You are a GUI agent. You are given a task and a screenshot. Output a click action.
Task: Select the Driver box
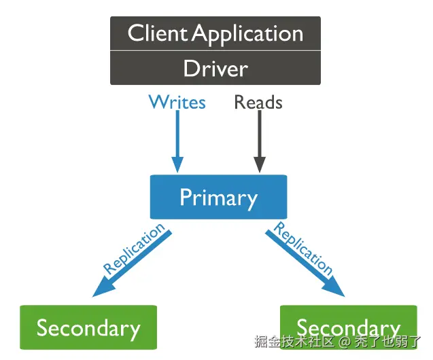coord(215,69)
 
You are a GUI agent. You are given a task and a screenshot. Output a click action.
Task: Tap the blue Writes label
coord(177,103)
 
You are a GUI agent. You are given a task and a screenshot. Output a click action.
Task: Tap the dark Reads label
coord(258,103)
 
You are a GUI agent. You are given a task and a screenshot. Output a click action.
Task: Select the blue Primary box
coord(218,198)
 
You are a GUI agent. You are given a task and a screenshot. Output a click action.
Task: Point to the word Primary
coord(218,198)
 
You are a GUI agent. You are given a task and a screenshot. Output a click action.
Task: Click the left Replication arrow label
coord(134,249)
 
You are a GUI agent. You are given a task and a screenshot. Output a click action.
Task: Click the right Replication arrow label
coord(303,249)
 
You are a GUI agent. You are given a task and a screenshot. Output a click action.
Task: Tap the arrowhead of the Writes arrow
coord(177,165)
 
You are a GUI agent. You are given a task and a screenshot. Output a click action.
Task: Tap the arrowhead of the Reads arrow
coord(259,165)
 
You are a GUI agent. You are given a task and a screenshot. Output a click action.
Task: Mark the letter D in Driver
coord(190,69)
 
